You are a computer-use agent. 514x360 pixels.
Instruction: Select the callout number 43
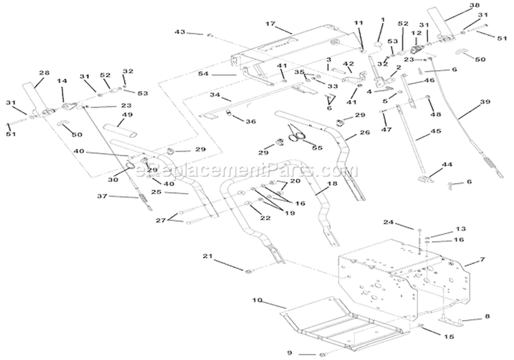180,32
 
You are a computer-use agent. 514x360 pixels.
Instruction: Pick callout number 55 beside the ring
316,147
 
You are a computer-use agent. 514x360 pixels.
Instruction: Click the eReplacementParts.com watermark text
244,169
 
